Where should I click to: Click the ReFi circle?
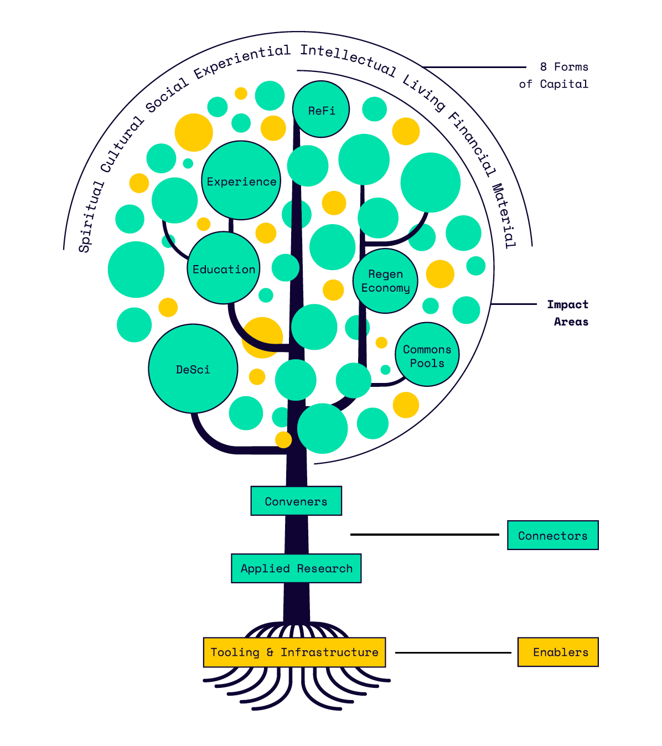[320, 109]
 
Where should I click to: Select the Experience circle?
[241, 180]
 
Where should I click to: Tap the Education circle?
[223, 268]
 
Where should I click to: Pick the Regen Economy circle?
[385, 281]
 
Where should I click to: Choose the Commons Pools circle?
[427, 354]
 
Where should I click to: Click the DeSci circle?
[193, 368]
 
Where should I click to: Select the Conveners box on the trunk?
[296, 501]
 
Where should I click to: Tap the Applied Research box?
[296, 568]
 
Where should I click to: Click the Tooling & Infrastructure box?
[294, 652]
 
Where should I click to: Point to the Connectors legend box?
[552, 535]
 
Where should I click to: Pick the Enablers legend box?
[558, 652]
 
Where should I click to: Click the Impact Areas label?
[568, 313]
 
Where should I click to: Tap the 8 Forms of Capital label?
[554, 75]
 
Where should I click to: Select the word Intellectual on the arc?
[348, 60]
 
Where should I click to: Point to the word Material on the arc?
[503, 216]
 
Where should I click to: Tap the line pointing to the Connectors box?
[425, 534]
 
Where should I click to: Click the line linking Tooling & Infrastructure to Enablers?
[453, 652]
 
